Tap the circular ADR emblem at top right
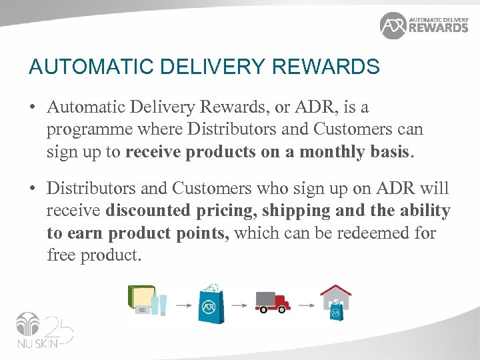click(x=393, y=25)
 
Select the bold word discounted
click(x=150, y=211)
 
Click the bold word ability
click(x=425, y=211)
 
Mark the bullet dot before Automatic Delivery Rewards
click(x=32, y=107)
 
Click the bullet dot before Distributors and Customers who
click(x=32, y=189)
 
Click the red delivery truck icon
click(x=273, y=302)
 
